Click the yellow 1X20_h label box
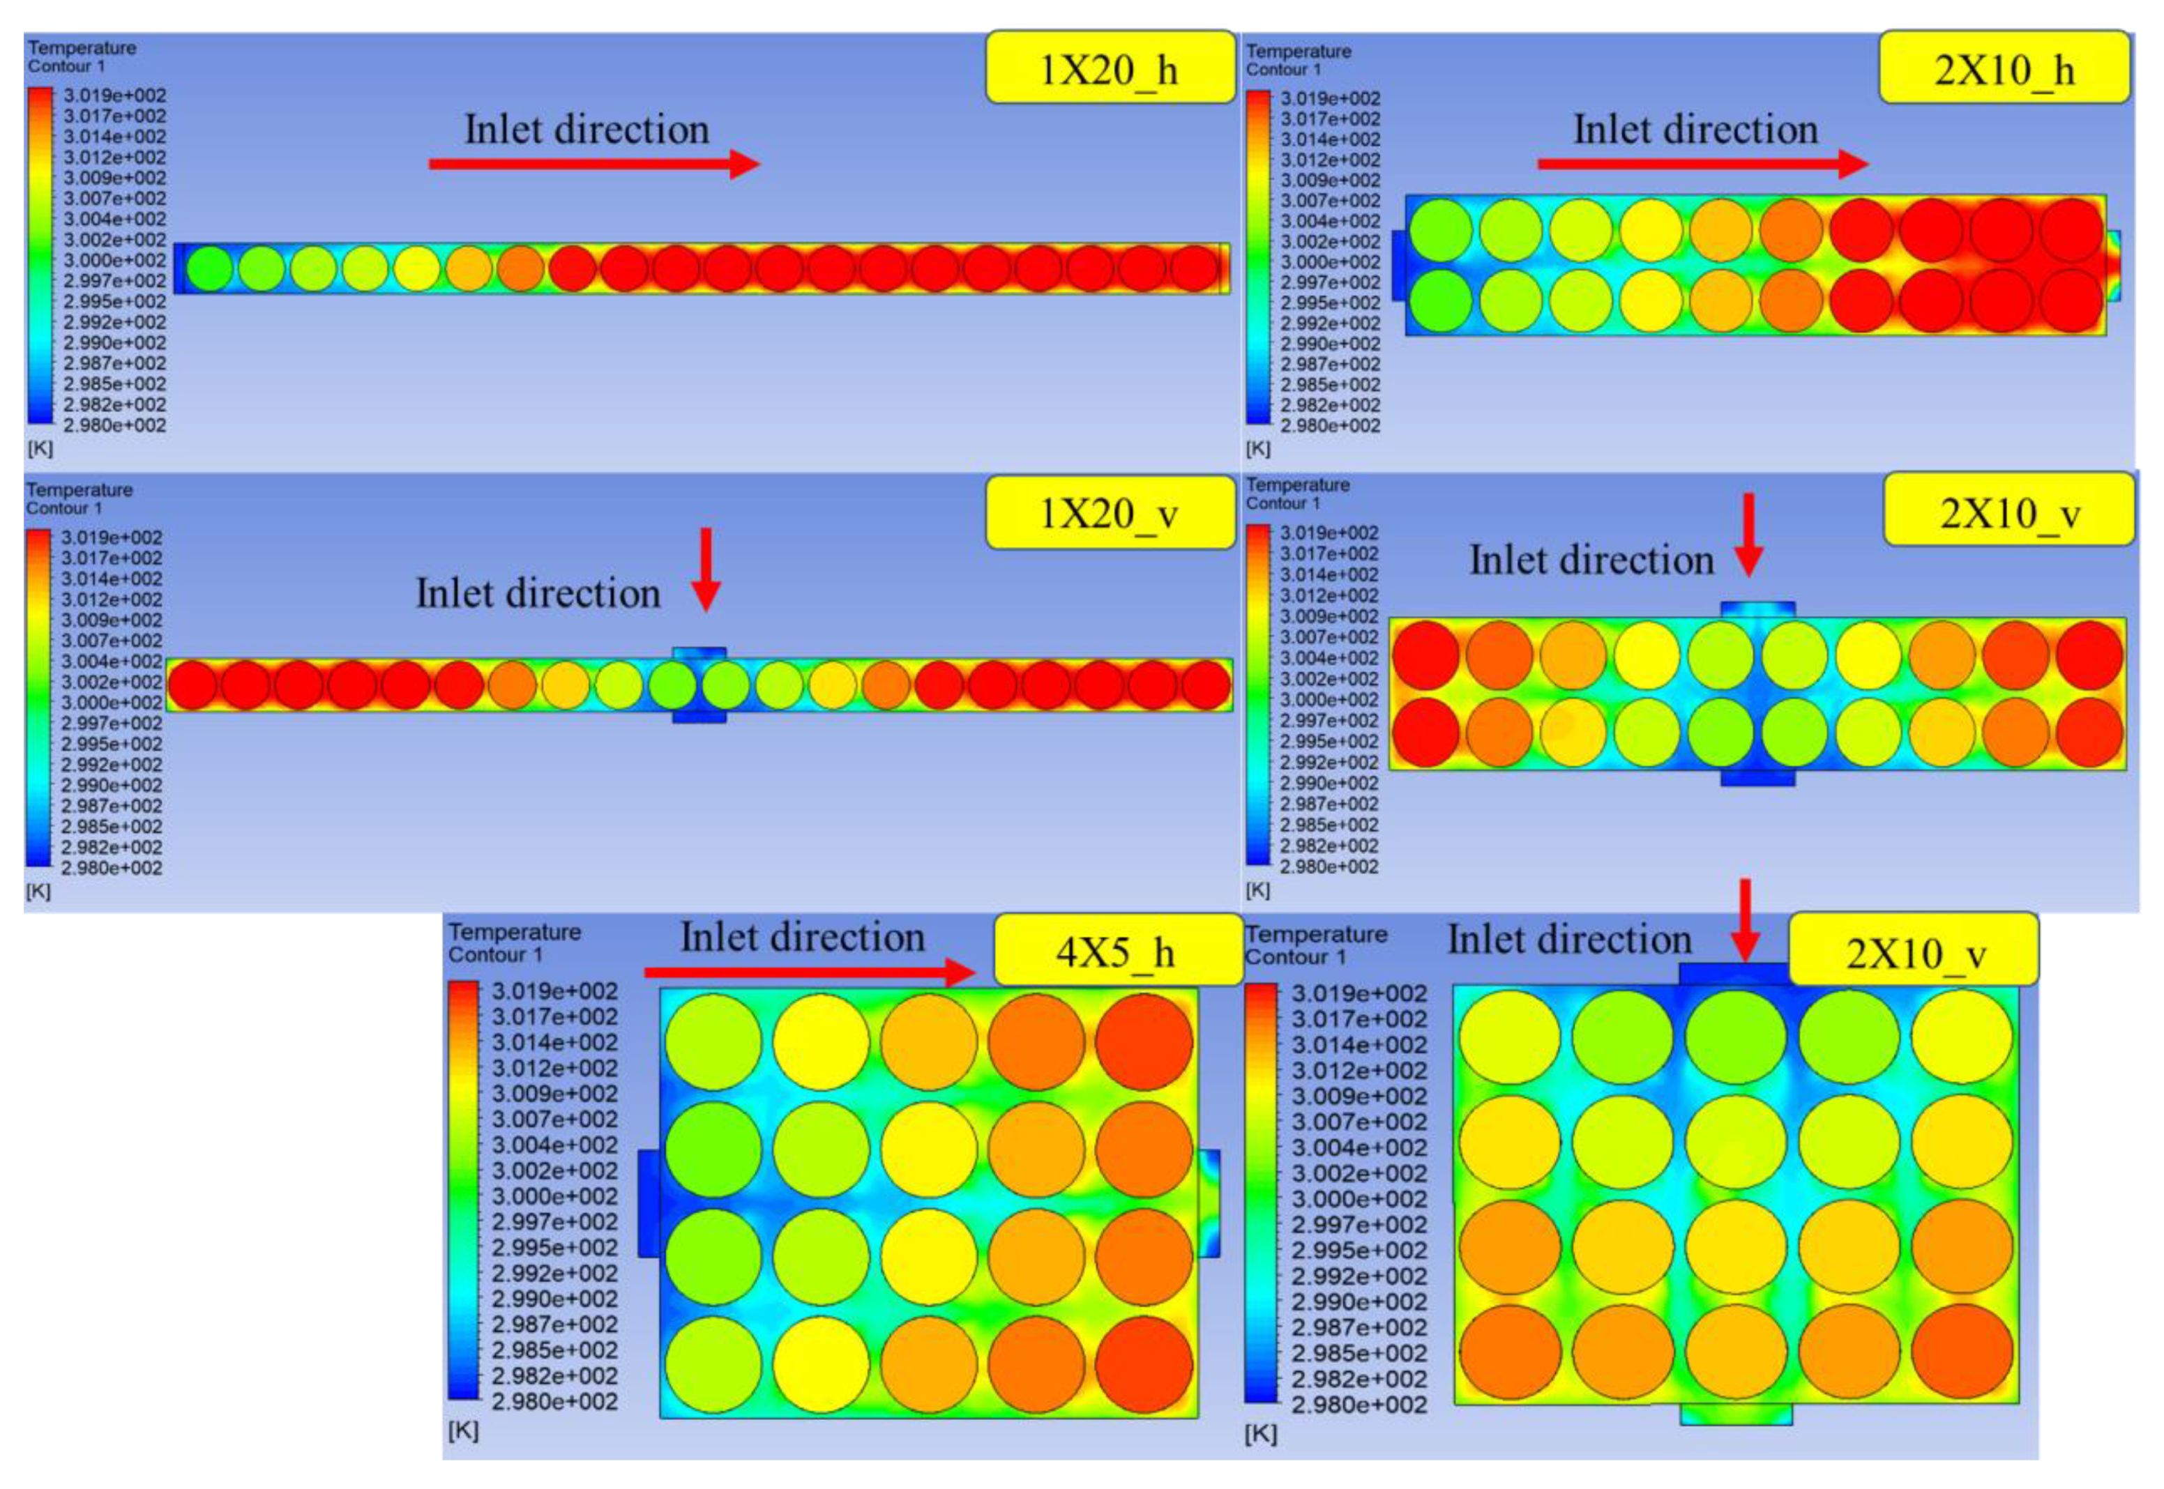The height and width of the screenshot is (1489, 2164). coord(1109,69)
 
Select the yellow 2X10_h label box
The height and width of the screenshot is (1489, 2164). coord(2004,69)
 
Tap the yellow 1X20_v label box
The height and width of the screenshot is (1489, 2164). coord(1109,513)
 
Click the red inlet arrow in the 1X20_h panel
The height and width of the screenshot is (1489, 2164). coord(593,165)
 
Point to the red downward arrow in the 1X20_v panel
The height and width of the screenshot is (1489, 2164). coord(706,569)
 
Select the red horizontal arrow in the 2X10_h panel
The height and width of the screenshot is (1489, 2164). coord(1702,165)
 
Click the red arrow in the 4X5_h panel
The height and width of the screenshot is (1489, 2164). coord(808,973)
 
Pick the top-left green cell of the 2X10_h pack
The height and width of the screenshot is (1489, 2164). coord(1441,229)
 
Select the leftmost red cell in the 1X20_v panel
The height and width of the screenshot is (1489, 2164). coord(192,685)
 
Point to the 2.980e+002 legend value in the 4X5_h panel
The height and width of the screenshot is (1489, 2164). coord(554,1401)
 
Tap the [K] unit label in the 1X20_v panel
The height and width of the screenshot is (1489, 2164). coord(38,891)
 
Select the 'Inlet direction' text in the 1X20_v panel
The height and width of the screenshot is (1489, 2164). coord(538,593)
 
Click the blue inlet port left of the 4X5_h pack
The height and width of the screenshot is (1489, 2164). coord(649,1202)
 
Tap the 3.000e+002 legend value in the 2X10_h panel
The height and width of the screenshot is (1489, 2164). coord(1330,262)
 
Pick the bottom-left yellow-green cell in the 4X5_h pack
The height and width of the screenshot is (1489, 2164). coord(713,1363)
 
